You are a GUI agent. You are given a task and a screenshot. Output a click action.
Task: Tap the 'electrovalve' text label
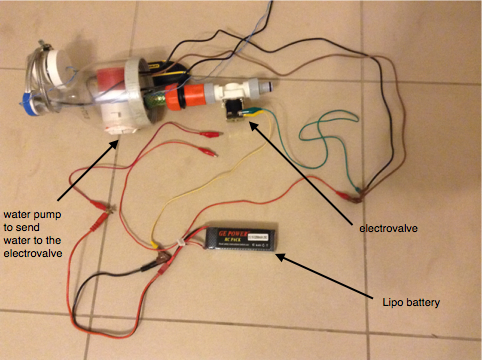click(x=388, y=228)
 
